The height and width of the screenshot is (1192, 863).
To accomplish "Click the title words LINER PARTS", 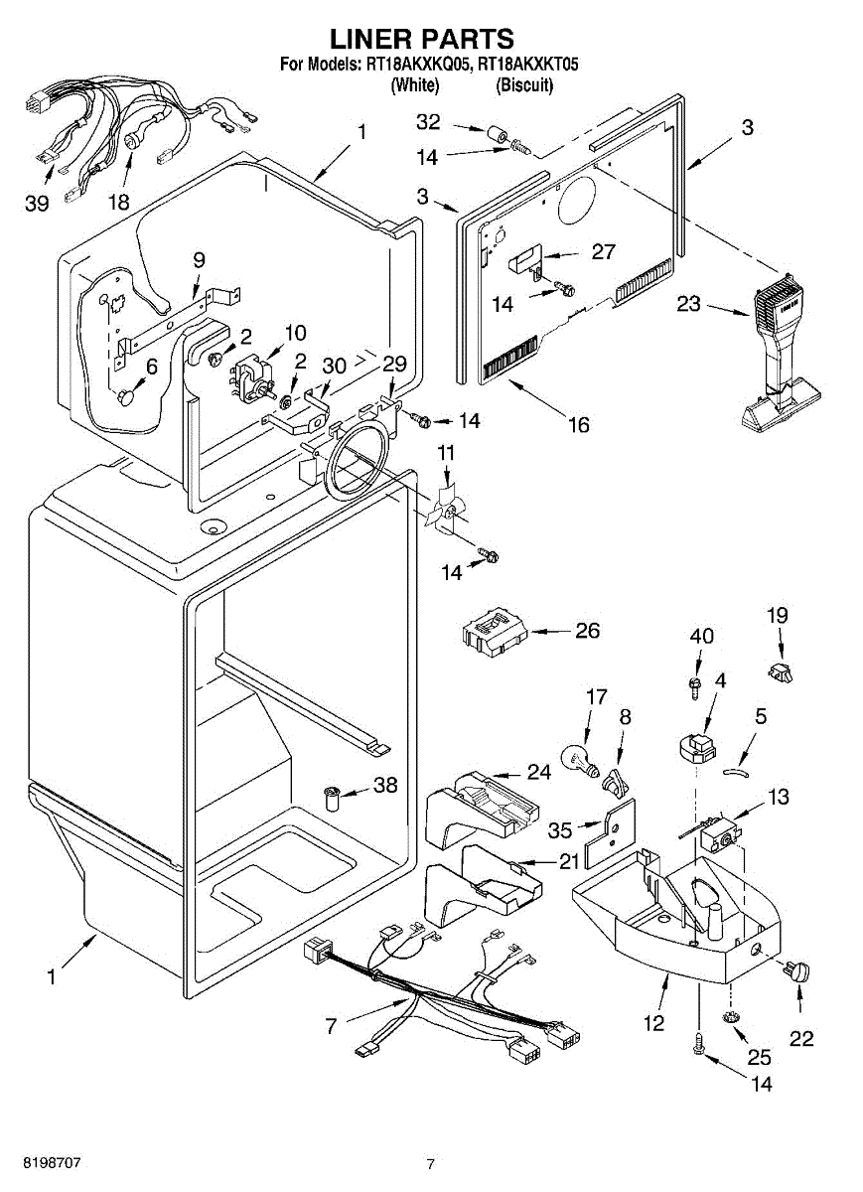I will click(422, 40).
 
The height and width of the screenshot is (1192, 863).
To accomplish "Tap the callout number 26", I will click(588, 631).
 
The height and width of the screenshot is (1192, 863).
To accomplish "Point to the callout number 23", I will click(689, 304).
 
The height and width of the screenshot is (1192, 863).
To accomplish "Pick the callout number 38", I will click(384, 785).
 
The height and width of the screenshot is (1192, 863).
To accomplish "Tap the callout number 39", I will click(37, 204).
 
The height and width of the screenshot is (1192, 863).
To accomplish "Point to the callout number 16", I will click(577, 425).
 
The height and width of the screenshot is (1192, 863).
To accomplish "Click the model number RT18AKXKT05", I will click(527, 66).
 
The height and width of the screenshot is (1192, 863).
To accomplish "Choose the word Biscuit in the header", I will click(524, 85).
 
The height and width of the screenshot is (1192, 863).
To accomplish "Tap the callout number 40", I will click(701, 636).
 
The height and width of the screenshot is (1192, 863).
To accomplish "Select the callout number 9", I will click(199, 259).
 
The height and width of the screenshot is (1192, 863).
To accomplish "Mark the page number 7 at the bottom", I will click(431, 1164).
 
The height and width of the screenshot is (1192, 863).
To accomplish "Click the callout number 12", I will click(653, 1023).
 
